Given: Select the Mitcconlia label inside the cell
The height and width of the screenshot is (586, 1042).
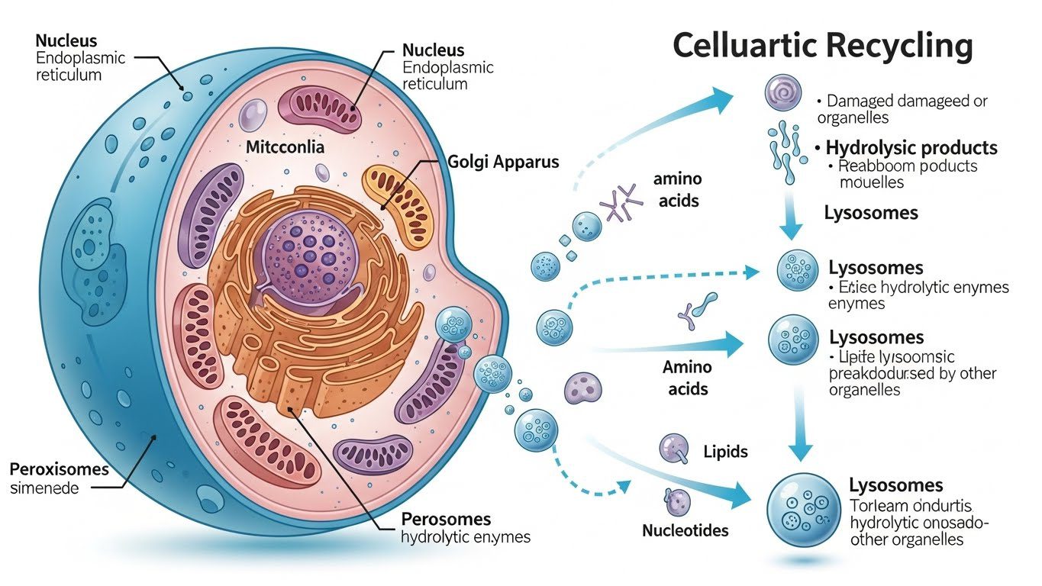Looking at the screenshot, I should pos(285,147).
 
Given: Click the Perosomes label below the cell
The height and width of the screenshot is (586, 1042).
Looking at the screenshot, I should pos(446,519).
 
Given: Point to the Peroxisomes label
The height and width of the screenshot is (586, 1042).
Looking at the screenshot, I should pos(60,468).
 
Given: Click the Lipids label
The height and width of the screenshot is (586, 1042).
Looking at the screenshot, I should pos(725,452).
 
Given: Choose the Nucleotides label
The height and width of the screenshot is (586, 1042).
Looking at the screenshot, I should pos(686,530).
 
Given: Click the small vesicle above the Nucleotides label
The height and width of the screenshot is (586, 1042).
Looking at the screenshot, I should pos(677,501).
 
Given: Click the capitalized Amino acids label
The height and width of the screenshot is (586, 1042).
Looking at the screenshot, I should pos(688,378).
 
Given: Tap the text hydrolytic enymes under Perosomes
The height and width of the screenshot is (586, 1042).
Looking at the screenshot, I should pos(466,537).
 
